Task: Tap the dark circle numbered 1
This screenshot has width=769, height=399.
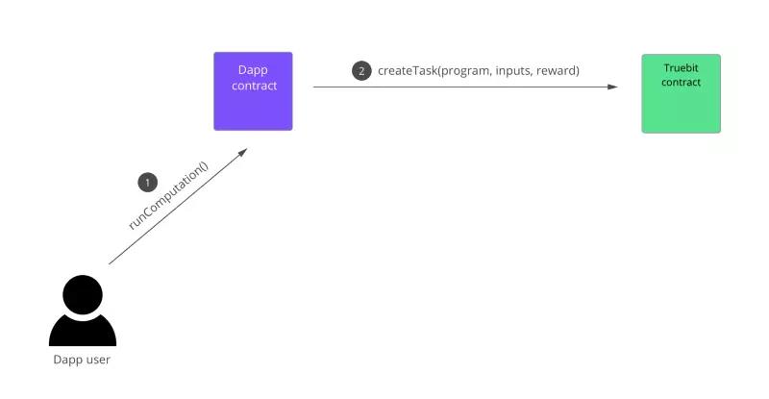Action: (147, 182)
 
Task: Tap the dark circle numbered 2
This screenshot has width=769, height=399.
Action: (361, 70)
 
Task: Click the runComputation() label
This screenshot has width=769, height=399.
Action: (168, 196)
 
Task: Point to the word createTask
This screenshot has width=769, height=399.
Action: (408, 70)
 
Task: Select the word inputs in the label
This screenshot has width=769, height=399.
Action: (514, 70)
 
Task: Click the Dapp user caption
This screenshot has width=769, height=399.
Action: (83, 361)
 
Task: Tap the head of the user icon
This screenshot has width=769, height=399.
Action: (83, 294)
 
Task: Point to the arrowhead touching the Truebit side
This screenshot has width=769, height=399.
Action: (612, 87)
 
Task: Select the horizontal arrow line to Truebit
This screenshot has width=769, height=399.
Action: (461, 87)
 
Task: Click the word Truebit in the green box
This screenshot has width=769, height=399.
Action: (681, 68)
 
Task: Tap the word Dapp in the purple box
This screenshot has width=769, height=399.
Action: (253, 70)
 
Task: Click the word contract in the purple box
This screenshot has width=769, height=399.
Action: (253, 86)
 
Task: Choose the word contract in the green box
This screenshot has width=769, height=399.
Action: (681, 83)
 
